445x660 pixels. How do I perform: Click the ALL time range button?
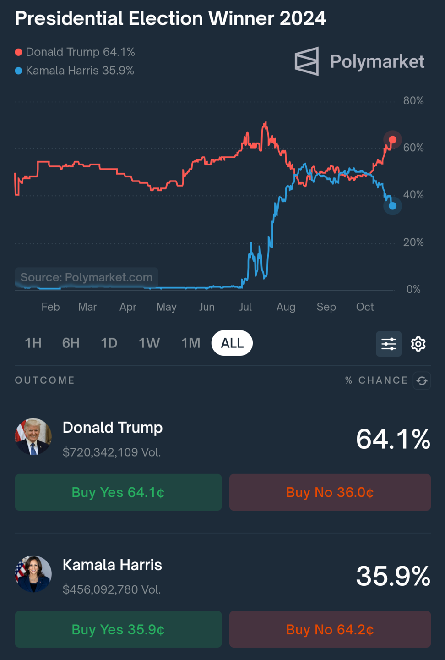pos(232,343)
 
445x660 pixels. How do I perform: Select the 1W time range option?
pos(149,343)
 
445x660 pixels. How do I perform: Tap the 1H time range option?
pos(33,343)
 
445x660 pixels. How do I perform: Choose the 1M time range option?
pos(190,343)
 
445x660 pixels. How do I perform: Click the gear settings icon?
pos(418,344)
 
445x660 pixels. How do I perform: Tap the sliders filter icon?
pos(389,344)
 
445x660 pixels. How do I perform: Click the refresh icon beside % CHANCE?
pos(422,380)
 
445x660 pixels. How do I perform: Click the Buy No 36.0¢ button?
pos(330,492)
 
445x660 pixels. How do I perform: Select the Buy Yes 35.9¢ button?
pos(118,629)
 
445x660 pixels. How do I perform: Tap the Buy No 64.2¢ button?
pos(330,629)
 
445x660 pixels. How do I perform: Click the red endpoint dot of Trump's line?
pos(392,140)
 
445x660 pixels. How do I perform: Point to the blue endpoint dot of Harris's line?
pos(392,206)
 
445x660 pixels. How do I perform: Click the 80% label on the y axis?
pos(413,101)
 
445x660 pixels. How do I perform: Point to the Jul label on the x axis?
pos(245,307)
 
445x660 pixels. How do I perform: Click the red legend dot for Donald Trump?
pos(18,52)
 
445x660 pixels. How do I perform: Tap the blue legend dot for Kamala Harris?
pos(18,71)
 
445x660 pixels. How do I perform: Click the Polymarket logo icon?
pos(307,61)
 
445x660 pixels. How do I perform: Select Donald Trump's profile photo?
pos(33,436)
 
